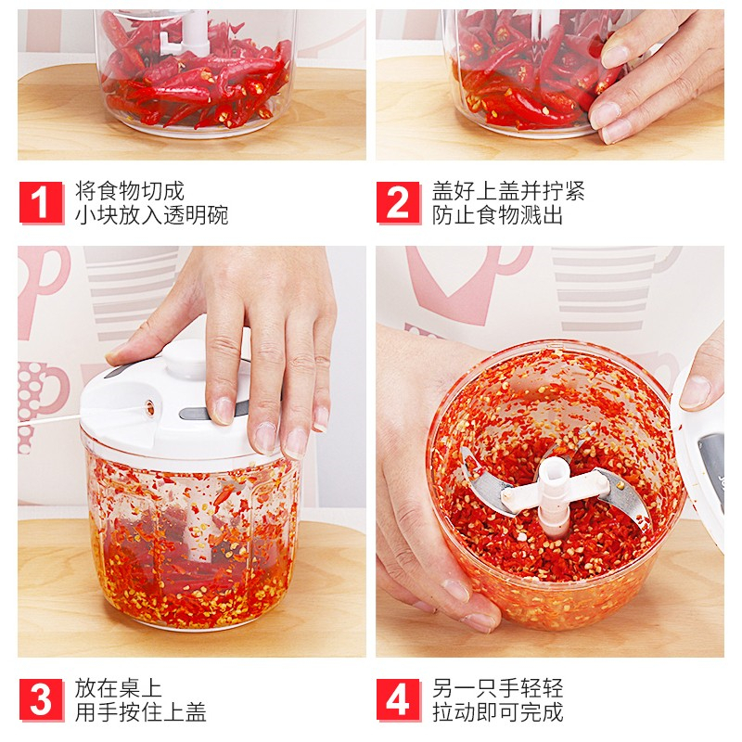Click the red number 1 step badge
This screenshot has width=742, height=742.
41,202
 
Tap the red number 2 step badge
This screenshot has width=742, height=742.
399,202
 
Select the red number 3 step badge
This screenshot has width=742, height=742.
41,700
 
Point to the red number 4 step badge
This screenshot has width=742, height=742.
399,700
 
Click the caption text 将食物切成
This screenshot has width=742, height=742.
129,191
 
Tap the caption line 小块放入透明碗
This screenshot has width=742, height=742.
151,215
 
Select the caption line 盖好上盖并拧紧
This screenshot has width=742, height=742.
508,191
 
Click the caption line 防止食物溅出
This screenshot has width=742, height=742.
497,215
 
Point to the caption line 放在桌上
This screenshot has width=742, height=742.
119,688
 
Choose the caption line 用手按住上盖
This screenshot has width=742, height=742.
141,712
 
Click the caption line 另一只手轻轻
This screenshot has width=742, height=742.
497,688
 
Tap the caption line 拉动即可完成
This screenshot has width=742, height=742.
497,712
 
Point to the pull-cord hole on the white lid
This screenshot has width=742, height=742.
150,407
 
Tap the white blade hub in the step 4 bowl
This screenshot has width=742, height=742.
555,493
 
